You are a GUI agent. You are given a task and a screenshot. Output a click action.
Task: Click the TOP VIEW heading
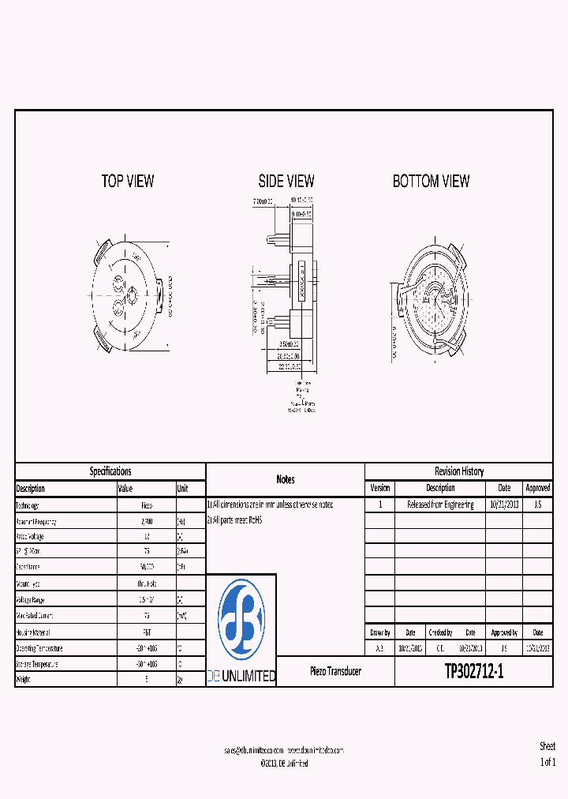[x=128, y=182]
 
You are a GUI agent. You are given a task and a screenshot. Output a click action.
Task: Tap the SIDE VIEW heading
[x=286, y=182]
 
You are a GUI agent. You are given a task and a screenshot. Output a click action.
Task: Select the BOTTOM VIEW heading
[x=431, y=182]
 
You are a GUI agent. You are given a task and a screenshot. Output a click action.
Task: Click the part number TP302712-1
[x=473, y=672]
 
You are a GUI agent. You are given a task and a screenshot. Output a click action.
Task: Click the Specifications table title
[x=110, y=471]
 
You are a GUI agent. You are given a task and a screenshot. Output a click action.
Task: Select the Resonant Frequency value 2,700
[x=147, y=522]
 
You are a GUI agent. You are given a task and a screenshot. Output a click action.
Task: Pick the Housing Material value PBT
[x=147, y=632]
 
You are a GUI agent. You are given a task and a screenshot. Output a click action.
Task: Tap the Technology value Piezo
[x=147, y=505]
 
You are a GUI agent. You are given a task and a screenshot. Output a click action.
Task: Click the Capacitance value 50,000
[x=147, y=567]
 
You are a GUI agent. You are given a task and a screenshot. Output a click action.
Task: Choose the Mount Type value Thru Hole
[x=147, y=584]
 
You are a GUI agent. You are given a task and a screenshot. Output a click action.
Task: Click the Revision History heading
[x=458, y=471]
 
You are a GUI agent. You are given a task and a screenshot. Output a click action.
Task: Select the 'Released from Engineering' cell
[x=440, y=505]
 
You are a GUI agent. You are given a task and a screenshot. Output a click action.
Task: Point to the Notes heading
[x=286, y=479]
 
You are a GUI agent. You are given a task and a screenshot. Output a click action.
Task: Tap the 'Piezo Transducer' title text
[x=335, y=671]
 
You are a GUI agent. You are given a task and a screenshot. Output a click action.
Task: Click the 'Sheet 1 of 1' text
[x=547, y=755]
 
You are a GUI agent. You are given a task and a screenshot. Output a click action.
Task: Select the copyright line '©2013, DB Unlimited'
[x=284, y=763]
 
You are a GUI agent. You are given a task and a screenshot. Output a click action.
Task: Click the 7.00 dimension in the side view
[x=263, y=201]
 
